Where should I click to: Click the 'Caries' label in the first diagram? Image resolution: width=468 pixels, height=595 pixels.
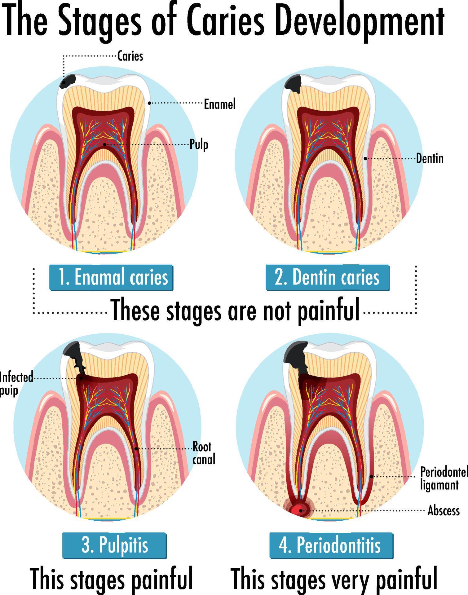coord(130,56)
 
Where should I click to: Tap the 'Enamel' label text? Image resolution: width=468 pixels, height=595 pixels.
coord(219,104)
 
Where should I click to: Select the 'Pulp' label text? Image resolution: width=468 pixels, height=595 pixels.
coord(199,145)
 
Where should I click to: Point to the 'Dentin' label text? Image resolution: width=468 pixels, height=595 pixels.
coord(429,159)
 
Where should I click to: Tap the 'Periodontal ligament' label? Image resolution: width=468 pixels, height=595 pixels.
coord(443,478)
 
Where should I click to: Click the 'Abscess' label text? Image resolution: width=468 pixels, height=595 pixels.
coord(443,510)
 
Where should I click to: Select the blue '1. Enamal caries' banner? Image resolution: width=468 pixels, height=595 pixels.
coord(112,277)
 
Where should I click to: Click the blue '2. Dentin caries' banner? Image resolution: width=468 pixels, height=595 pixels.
coord(327,277)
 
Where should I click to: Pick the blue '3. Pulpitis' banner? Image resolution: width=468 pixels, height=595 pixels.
coord(114,545)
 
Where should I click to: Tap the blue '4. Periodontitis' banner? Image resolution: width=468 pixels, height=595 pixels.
coord(331,545)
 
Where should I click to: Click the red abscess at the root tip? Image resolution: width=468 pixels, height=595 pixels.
coord(299,510)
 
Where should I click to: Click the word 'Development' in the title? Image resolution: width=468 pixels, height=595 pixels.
coord(360,22)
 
